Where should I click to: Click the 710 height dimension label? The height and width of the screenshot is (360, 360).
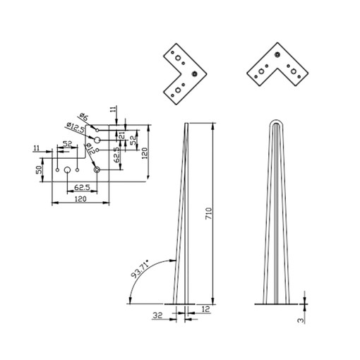tap(209, 214)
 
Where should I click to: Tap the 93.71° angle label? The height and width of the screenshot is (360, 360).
tap(140, 269)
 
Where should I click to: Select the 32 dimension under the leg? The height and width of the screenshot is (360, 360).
tap(157, 315)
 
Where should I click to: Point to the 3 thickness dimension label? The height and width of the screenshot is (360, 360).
tap(301, 320)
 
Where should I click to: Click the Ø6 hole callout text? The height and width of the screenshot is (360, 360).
tap(84, 116)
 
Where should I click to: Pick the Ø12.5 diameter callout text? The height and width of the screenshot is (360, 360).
tap(75, 127)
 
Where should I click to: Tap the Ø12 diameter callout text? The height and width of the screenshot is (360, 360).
tap(90, 148)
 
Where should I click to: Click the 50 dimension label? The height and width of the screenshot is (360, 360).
tap(39, 169)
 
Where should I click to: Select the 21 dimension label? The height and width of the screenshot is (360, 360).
tap(122, 136)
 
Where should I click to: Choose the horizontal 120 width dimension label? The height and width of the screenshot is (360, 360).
tap(80, 199)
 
